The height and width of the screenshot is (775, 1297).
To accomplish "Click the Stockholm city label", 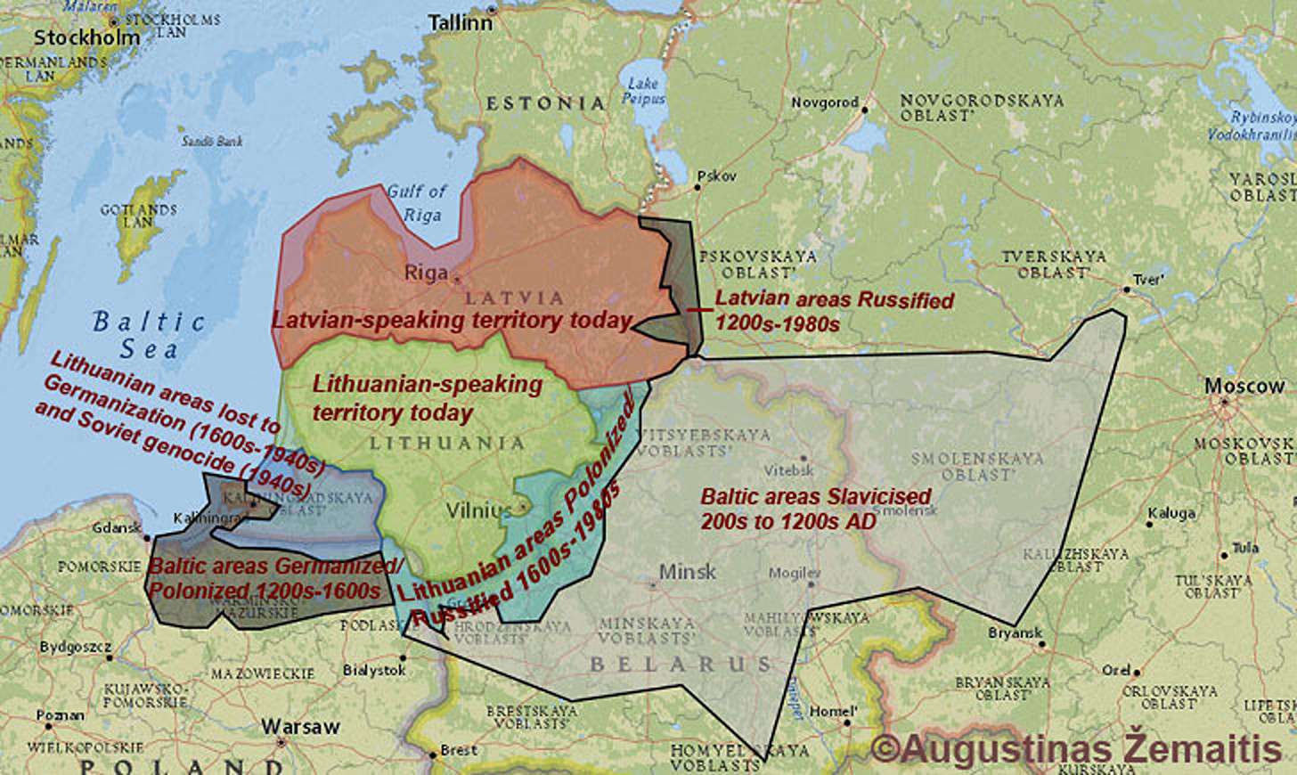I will click(x=87, y=37).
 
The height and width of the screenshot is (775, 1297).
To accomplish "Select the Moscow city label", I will click(x=1244, y=387).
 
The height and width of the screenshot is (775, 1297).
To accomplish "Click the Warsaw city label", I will click(x=300, y=727).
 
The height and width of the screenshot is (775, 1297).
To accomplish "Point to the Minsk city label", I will click(x=687, y=571).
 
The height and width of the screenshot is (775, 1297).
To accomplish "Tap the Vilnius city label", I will click(x=479, y=510).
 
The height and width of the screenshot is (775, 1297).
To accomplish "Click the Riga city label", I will click(x=427, y=273).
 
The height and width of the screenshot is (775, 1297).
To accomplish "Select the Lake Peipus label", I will click(x=643, y=91).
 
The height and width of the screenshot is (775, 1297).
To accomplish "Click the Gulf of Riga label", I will click(x=417, y=202).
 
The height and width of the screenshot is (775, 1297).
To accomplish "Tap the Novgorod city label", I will click(x=825, y=102).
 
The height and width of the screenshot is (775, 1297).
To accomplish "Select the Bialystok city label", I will click(x=374, y=669).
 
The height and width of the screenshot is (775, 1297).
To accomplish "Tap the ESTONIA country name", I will click(x=545, y=103).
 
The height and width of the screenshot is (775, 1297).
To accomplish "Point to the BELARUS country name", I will click(x=681, y=665).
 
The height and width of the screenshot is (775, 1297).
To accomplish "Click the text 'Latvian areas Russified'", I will click(x=834, y=300).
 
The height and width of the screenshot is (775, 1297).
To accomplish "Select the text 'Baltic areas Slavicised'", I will click(x=815, y=496).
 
